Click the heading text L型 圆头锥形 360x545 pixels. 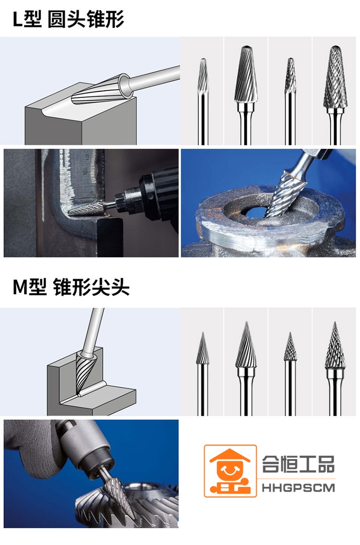(x=69, y=20)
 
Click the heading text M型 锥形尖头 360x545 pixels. (x=71, y=288)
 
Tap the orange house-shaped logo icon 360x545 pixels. (x=230, y=471)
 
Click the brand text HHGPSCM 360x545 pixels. (x=298, y=488)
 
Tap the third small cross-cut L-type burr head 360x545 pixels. (x=290, y=75)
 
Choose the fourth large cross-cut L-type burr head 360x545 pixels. (x=335, y=77)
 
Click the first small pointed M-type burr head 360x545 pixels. (x=203, y=348)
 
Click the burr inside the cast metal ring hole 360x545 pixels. (x=286, y=194)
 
